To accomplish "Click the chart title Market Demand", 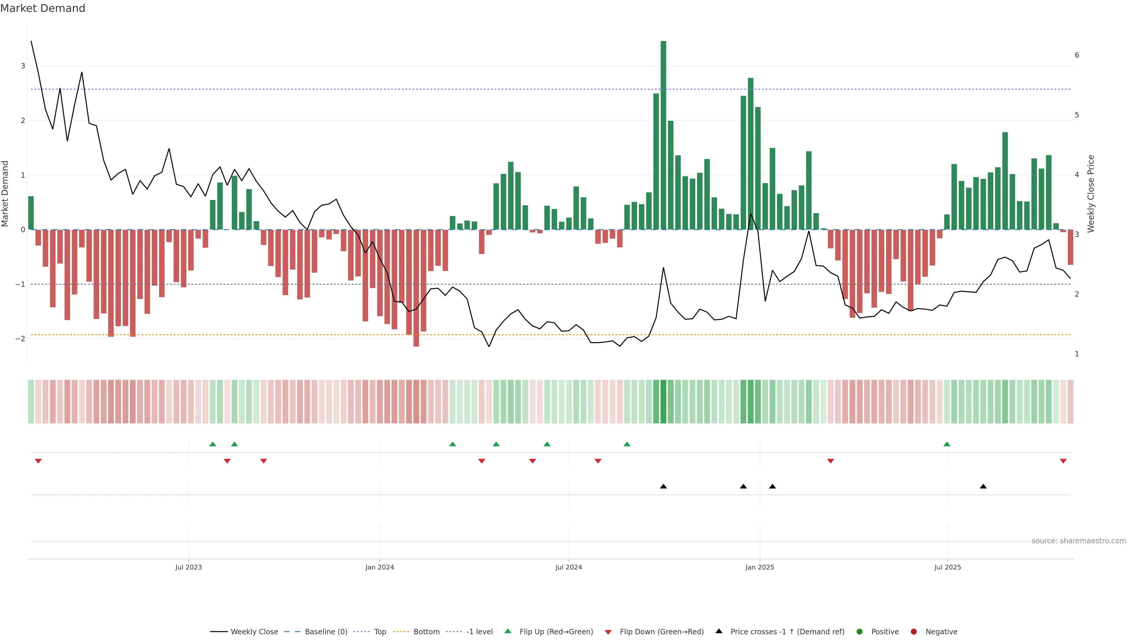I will click(42, 8).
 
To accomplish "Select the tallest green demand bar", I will click(663, 135).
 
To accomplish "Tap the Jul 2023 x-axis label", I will click(188, 567).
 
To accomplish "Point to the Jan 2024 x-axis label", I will click(380, 567).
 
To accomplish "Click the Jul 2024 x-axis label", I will click(569, 567).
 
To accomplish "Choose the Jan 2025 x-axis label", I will click(760, 567).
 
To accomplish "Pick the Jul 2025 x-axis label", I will click(948, 567).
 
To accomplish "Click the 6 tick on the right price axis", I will click(1077, 55).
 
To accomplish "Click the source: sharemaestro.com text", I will click(1079, 541).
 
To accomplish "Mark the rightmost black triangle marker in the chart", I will click(983, 487).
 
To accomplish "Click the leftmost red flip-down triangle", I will click(38, 461).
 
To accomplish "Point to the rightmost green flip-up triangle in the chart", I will click(947, 444).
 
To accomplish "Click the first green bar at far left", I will click(31, 213).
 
